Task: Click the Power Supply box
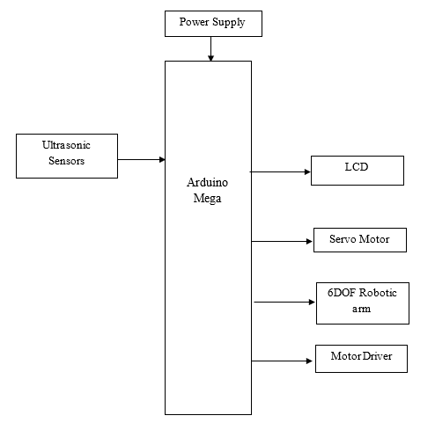[x=213, y=24]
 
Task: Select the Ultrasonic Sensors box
[x=67, y=156]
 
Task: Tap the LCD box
[x=358, y=171]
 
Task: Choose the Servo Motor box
[x=360, y=240]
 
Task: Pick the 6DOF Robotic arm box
[x=363, y=303]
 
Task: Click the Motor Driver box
[x=361, y=359]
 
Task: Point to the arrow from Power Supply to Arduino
[x=210, y=49]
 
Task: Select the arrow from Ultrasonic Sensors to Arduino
[x=142, y=159]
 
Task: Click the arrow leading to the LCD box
[x=280, y=171]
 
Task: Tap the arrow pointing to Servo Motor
[x=282, y=241]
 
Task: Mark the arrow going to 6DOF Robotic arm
[x=284, y=302]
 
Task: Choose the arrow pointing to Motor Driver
[x=282, y=361]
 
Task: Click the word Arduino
[x=208, y=183]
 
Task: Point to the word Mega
[x=207, y=199]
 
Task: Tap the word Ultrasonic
[x=66, y=145]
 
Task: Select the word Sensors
[x=67, y=161]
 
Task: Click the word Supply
[x=229, y=22]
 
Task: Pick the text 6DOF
[x=342, y=293]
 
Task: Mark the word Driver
[x=377, y=356]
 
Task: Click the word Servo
[x=343, y=239]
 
